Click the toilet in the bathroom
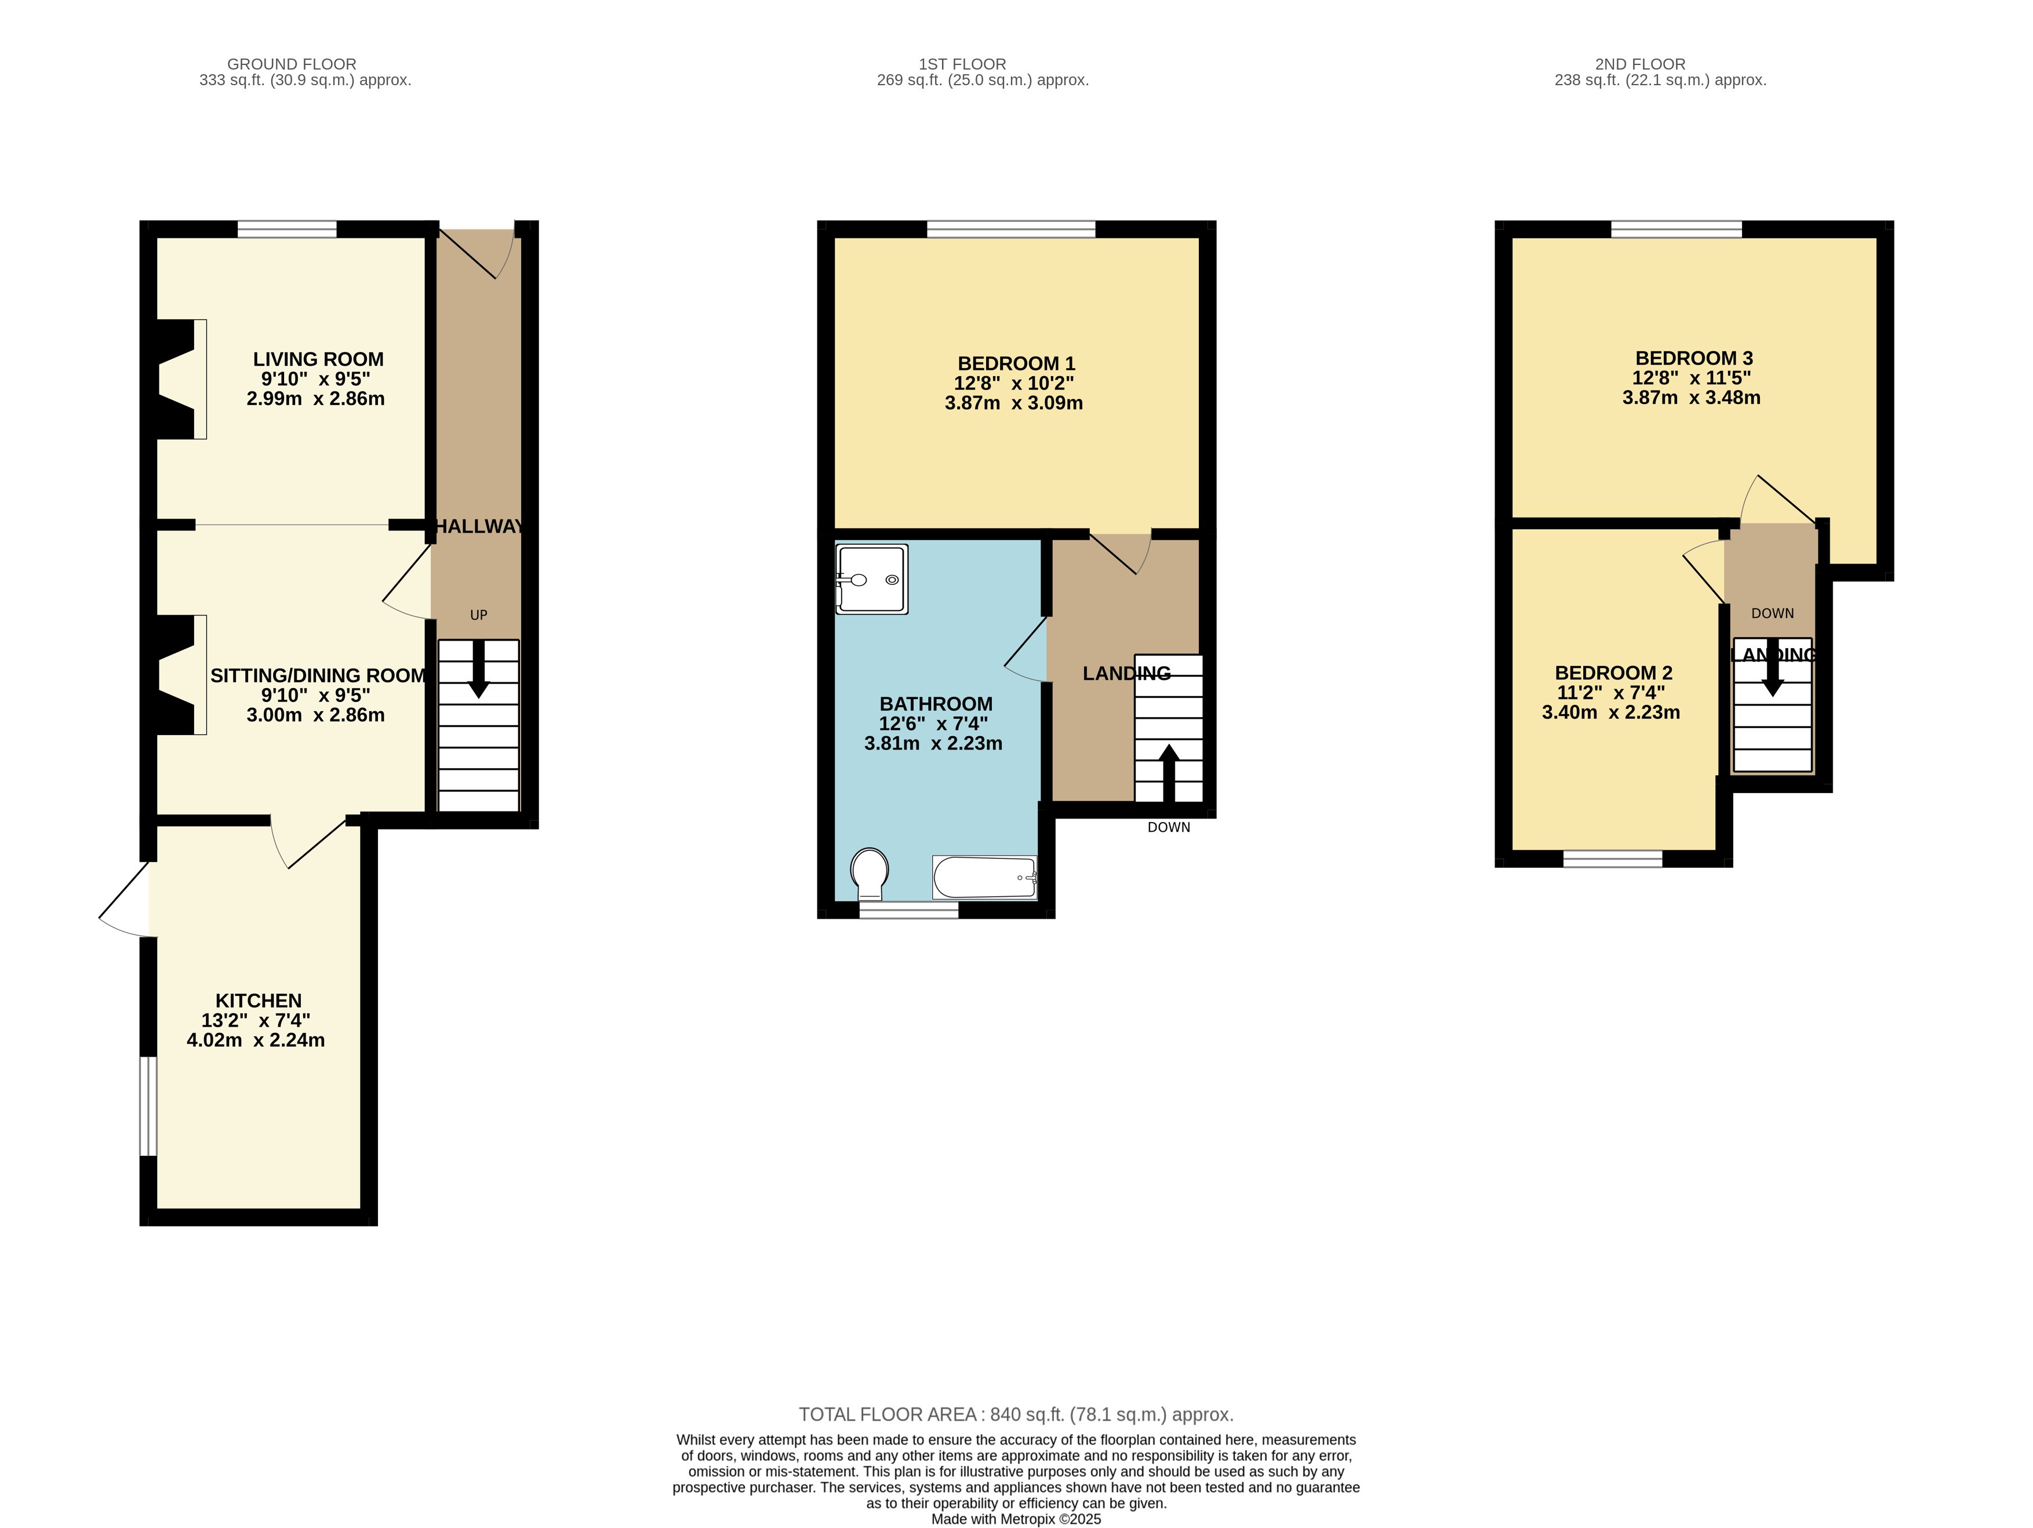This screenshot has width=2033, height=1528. pyautogui.click(x=870, y=874)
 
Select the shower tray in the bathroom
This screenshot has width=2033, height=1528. pyautogui.click(x=871, y=579)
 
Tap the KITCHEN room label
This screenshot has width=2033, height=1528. pyautogui.click(x=259, y=1001)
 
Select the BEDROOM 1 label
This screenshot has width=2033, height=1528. pyautogui.click(x=1016, y=364)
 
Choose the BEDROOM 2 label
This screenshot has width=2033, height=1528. pyautogui.click(x=1613, y=672)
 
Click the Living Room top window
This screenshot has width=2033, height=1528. pyautogui.click(x=287, y=229)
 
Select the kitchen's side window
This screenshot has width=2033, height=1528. pyautogui.click(x=148, y=1105)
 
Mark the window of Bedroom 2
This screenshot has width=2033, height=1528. pyautogui.click(x=1613, y=859)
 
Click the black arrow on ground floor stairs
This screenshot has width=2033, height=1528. pyautogui.click(x=479, y=668)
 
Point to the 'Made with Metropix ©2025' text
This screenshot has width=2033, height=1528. pyautogui.click(x=1016, y=1519)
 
